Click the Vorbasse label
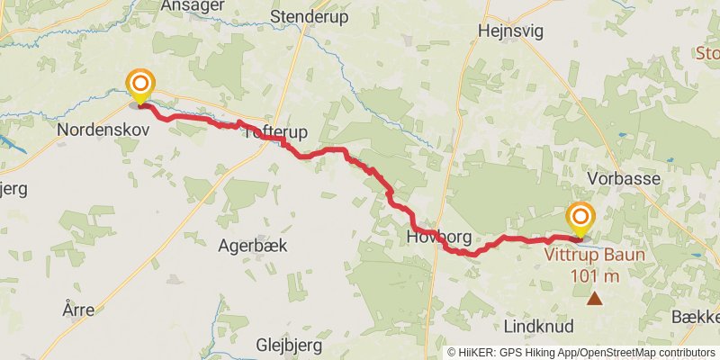[x=624, y=179]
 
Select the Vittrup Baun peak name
[x=595, y=254]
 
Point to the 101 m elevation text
[x=595, y=275]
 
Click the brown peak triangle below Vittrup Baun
[x=594, y=297]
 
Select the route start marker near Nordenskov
[x=139, y=85]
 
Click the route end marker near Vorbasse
[x=580, y=219]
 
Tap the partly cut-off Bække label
[x=697, y=317]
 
